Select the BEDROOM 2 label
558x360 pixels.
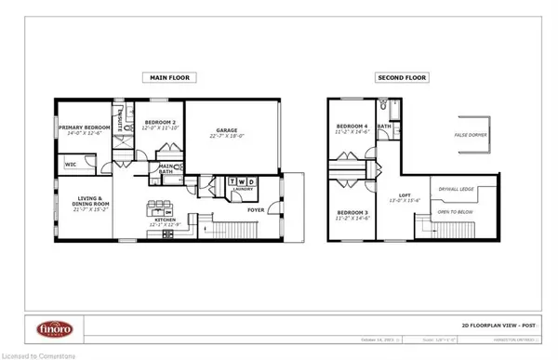coord(155,127)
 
